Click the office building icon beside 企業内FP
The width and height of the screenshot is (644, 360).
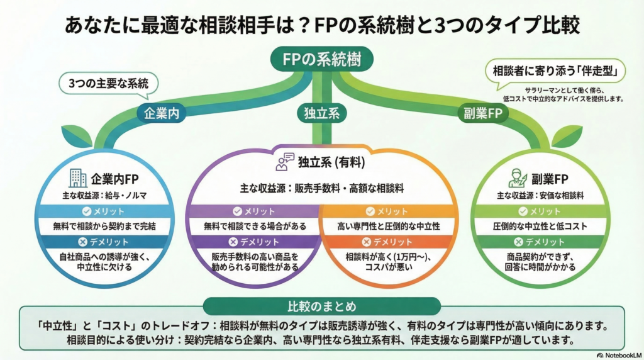click(x=78, y=178)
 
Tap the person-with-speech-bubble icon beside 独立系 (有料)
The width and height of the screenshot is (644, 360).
click(x=285, y=162)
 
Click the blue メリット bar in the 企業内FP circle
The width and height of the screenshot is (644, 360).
click(x=108, y=211)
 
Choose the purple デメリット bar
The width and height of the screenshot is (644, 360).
click(x=254, y=242)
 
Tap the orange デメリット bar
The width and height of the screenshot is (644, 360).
click(x=387, y=242)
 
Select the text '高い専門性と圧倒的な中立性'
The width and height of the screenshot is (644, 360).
click(x=387, y=226)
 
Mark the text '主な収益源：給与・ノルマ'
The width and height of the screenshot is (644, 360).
click(x=108, y=195)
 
